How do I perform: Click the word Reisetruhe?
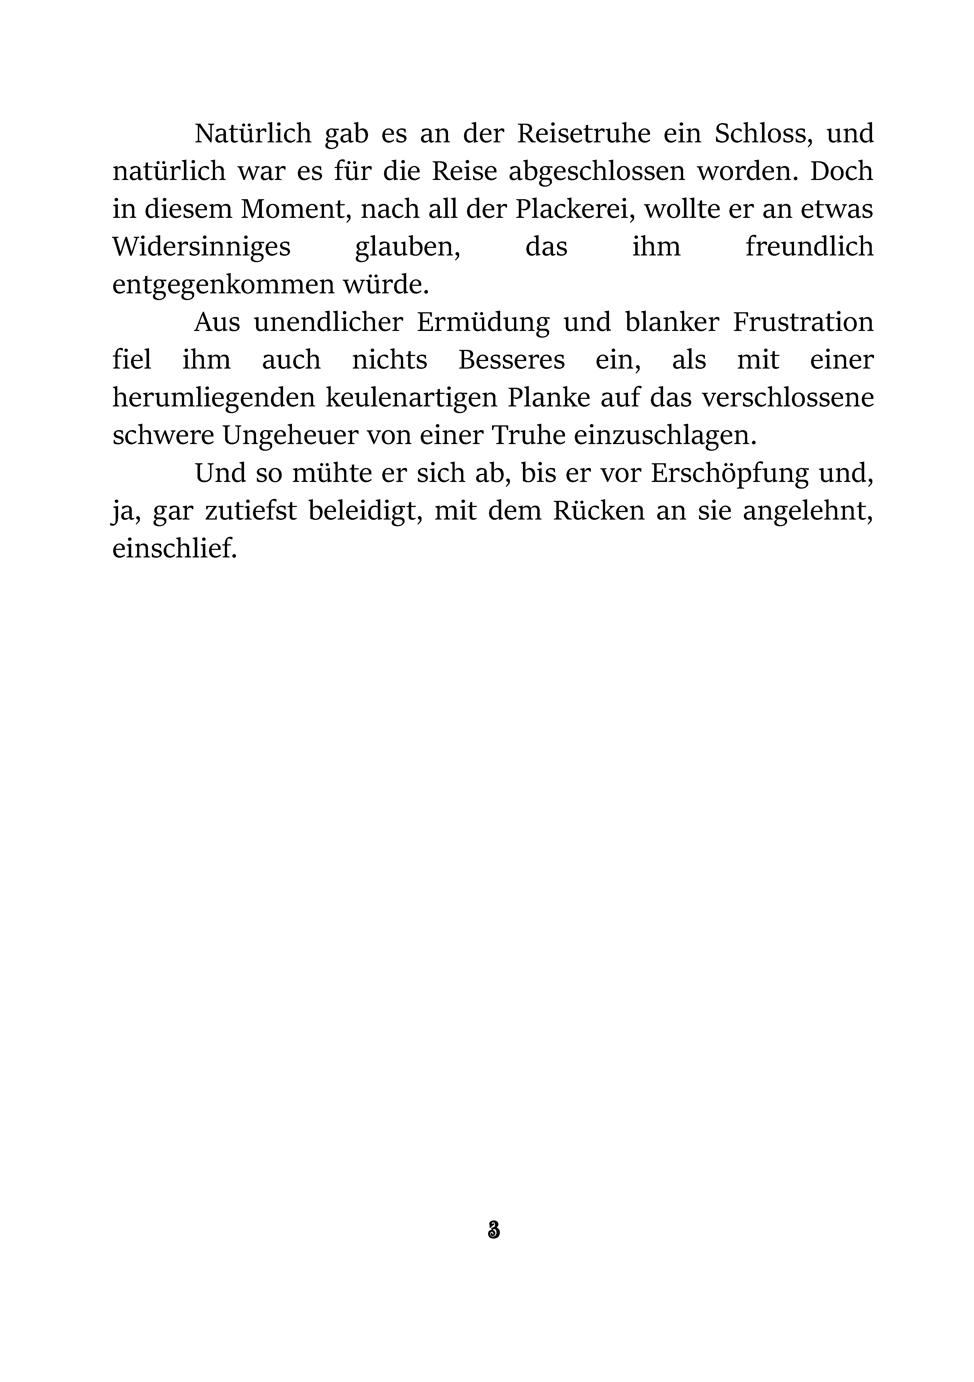tap(584, 134)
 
